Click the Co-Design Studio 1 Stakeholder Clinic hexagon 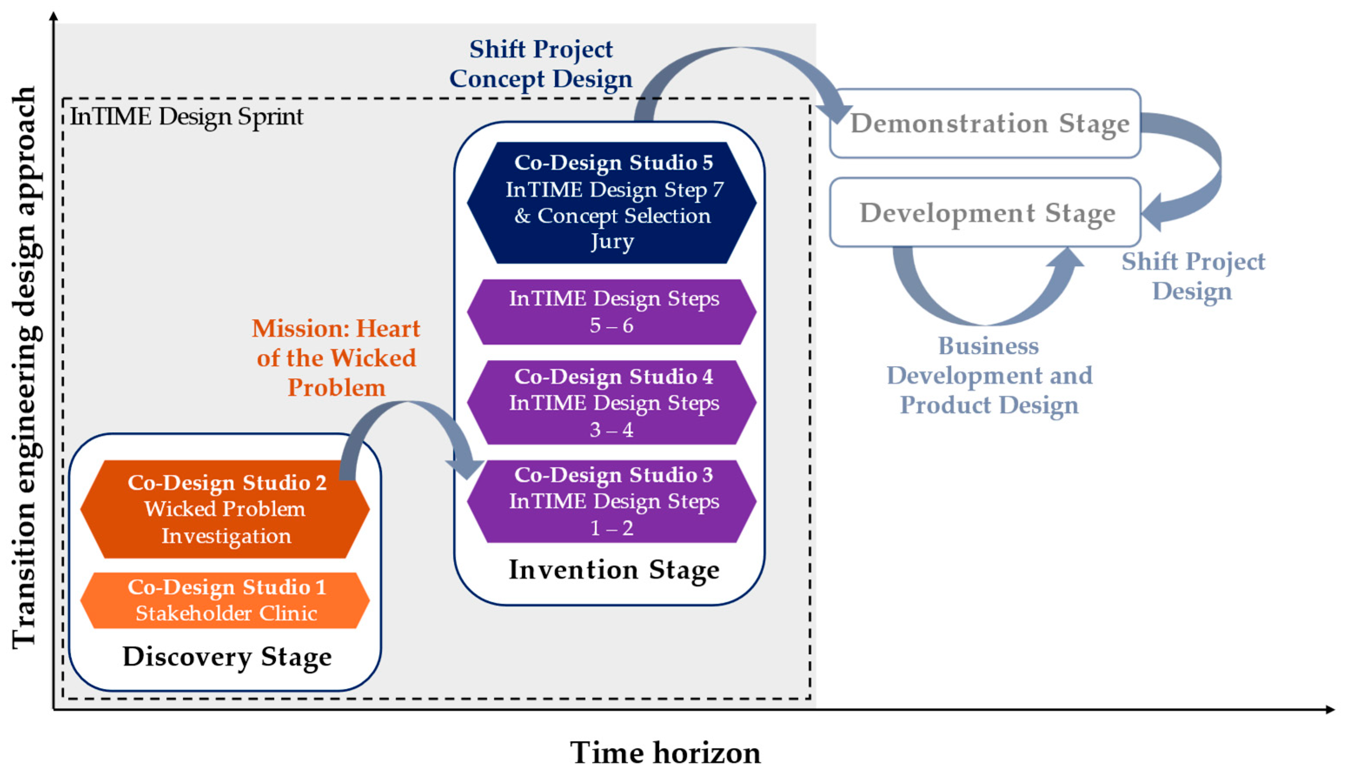[225, 600]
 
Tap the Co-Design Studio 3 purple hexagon [612, 501]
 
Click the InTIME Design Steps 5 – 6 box [612, 311]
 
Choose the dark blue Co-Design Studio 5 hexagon [612, 202]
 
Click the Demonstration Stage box [985, 123]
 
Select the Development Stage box [985, 212]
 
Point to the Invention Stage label [614, 569]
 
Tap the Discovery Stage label [227, 656]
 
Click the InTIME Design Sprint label [186, 116]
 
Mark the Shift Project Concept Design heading [541, 64]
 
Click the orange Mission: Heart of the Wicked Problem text [336, 358]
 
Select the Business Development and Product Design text [989, 375]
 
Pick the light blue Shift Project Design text [1193, 276]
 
